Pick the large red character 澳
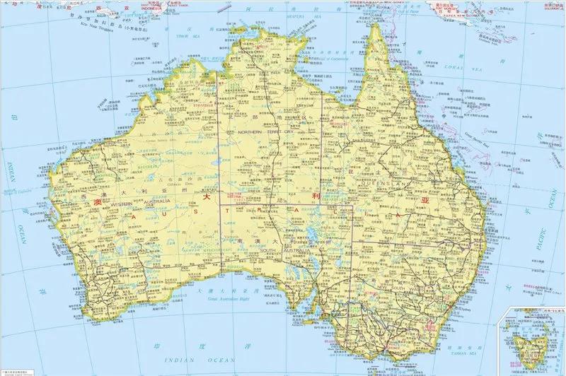pyautogui.click(x=98, y=201)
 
